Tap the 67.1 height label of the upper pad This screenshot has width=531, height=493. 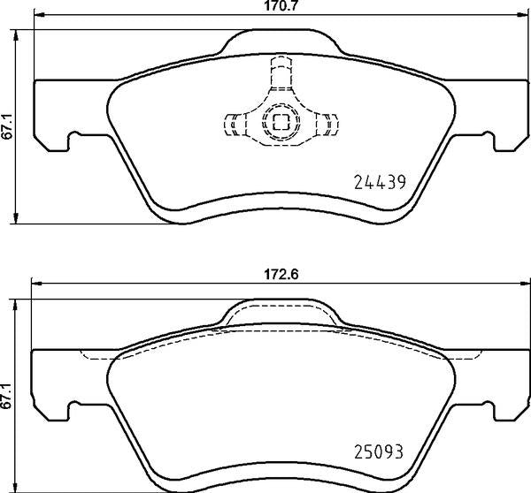point(7,126)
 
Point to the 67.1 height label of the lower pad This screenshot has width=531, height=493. point(7,394)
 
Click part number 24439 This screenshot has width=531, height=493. point(378,184)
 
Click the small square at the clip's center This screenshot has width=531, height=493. point(281,123)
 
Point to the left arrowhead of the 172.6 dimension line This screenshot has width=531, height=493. point(35,284)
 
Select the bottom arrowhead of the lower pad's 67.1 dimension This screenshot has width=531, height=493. point(19,488)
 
